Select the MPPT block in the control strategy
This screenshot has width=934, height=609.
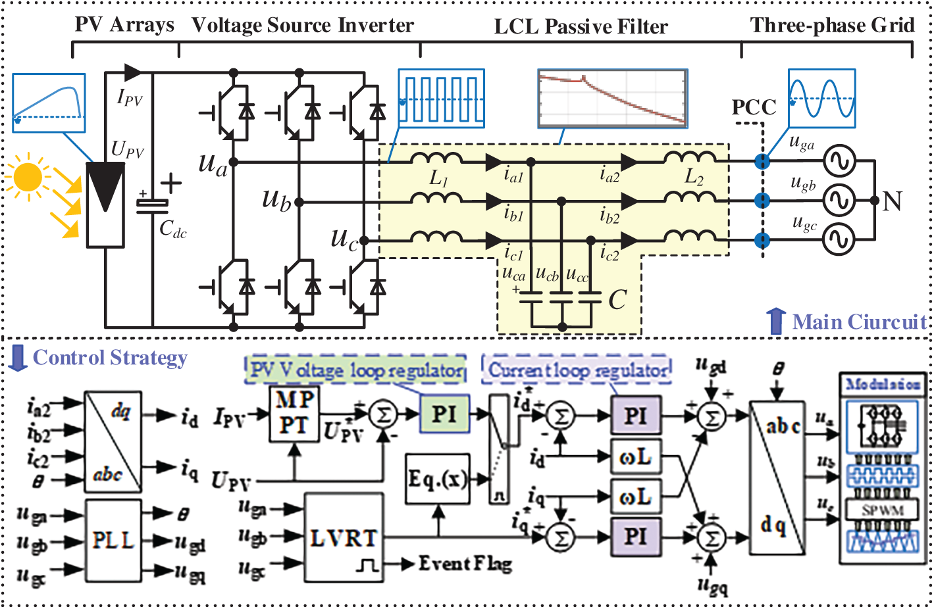(x=294, y=414)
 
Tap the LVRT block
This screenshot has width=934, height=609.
(x=344, y=537)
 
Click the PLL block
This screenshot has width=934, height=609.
(x=113, y=540)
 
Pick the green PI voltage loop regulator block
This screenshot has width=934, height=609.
(x=444, y=414)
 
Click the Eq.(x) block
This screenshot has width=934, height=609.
(x=437, y=478)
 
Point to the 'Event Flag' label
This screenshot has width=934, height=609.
(x=465, y=564)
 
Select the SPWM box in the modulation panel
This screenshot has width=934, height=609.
(x=883, y=510)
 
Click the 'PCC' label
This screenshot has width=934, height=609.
(x=754, y=107)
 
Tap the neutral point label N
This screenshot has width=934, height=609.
(x=893, y=201)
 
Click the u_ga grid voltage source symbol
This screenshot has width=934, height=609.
(x=840, y=161)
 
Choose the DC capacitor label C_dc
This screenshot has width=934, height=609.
(x=172, y=229)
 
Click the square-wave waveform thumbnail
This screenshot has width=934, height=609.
(x=442, y=99)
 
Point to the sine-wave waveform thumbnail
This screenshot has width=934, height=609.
(x=821, y=98)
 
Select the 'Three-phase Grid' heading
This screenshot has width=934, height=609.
(x=832, y=26)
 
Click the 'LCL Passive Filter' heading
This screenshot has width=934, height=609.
(x=581, y=27)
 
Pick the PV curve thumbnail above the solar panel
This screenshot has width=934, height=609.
(x=49, y=99)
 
